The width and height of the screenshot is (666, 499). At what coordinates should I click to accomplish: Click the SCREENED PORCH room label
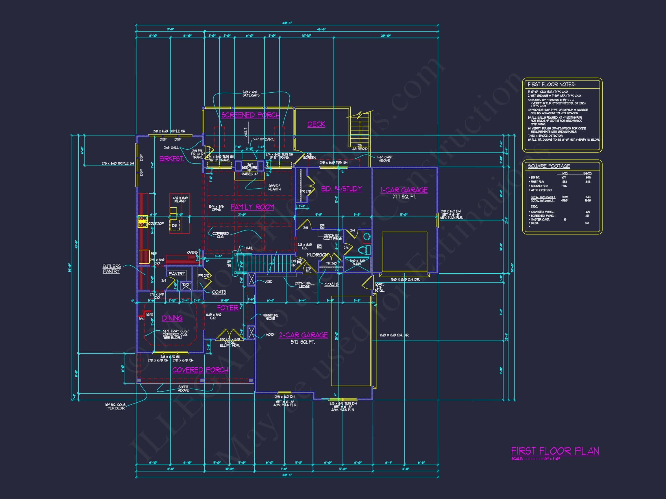point(250,115)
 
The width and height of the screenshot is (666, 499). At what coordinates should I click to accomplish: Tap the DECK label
point(316,124)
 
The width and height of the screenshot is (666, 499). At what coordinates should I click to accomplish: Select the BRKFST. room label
point(171,159)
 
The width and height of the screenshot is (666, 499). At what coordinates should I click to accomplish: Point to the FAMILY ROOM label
point(252,207)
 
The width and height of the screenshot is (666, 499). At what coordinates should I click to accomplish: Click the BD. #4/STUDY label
point(341,189)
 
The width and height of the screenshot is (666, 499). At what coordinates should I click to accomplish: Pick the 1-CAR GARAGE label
point(404,190)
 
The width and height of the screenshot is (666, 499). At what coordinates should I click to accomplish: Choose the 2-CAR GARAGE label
point(303,335)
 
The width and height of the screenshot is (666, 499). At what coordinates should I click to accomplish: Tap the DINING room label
point(172,318)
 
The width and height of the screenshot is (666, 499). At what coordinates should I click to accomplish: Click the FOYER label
point(227,308)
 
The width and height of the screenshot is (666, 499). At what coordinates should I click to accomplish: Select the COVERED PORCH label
point(200,370)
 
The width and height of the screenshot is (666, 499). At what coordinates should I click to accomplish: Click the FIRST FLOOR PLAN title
point(555,451)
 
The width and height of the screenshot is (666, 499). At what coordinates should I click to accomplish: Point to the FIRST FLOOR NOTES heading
point(551,85)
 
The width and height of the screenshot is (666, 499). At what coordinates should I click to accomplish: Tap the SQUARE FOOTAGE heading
point(549,166)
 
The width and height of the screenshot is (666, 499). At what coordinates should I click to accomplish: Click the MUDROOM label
point(317,255)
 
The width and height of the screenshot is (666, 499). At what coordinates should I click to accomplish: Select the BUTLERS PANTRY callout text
point(111,269)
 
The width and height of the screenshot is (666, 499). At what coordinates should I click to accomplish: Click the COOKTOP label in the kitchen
point(156,224)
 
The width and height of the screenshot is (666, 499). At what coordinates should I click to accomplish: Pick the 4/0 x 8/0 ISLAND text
point(180,200)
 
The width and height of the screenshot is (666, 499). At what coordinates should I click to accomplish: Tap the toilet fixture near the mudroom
point(364,249)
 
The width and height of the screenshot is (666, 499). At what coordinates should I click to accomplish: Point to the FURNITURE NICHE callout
point(270,317)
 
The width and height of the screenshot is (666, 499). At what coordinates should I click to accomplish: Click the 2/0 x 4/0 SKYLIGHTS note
point(251,94)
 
